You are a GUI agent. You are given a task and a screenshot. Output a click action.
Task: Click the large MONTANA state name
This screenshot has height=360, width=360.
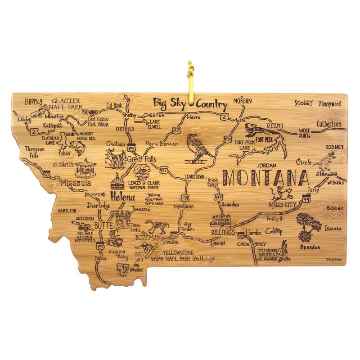pos(266,177)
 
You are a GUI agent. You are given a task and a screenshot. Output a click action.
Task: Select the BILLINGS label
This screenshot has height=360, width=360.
pos(223,232)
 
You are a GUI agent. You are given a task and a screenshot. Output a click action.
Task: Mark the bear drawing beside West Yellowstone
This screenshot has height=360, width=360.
pos(122,269)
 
